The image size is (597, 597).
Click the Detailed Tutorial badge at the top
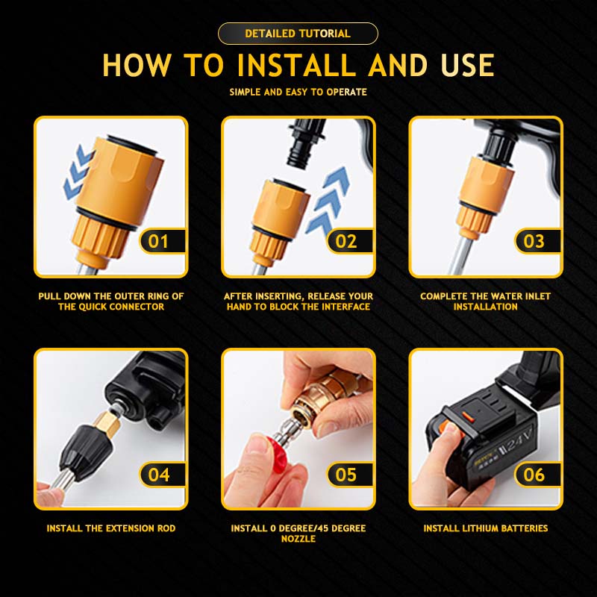(x=298, y=34)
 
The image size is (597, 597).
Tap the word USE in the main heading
(x=468, y=65)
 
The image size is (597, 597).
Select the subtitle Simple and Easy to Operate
(x=298, y=92)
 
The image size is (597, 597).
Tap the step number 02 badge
(x=349, y=241)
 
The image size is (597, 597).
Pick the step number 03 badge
(x=537, y=241)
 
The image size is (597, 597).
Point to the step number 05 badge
(x=349, y=475)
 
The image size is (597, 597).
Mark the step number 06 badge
(x=537, y=475)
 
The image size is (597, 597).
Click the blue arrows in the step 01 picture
(x=78, y=172)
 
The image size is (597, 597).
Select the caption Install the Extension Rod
(x=111, y=528)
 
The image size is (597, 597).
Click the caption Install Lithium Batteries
(x=486, y=528)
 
